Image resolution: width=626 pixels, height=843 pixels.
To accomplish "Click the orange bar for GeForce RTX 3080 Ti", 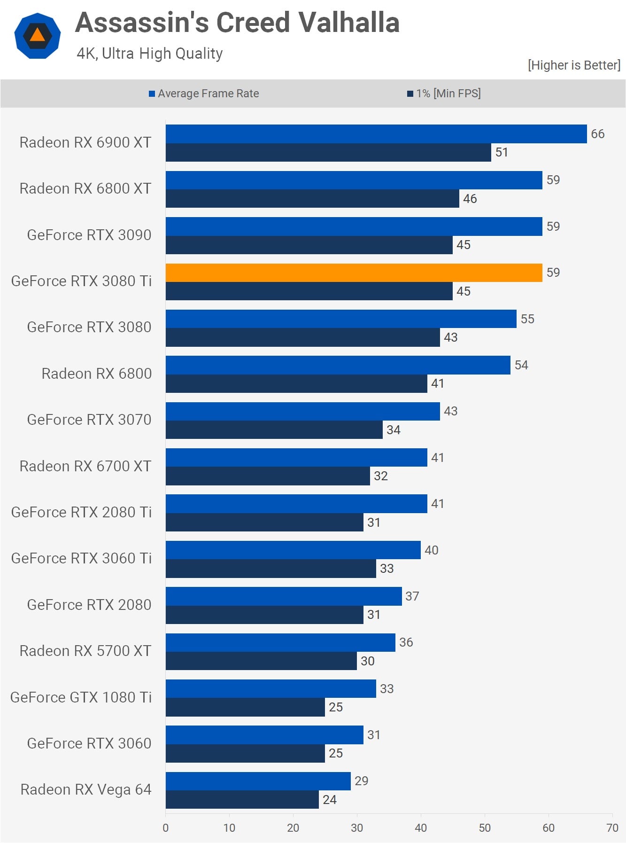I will [354, 273].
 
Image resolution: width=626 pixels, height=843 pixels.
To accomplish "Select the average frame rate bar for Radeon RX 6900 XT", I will [376, 134].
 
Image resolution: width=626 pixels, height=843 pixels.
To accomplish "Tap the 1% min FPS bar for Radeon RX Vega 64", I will [242, 799].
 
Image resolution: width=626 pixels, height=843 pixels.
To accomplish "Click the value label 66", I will [597, 134].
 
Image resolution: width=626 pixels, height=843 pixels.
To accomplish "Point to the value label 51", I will [502, 152].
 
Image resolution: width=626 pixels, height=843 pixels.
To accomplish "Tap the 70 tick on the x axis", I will [612, 828].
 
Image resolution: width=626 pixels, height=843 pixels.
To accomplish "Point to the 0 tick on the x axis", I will [165, 828].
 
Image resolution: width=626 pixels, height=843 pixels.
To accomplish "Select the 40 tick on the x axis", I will [421, 828].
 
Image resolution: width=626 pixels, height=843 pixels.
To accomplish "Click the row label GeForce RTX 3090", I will [89, 235].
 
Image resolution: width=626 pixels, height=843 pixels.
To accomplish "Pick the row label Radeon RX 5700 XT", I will [85, 651].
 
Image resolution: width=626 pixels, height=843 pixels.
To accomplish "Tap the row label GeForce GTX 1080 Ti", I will [81, 697].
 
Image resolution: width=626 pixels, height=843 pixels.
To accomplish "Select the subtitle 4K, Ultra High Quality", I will [149, 54].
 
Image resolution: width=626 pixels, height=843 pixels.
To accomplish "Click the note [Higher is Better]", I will [574, 65].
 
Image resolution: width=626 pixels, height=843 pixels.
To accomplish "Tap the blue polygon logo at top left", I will [38, 36].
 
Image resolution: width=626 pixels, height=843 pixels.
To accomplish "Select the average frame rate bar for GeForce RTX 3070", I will [302, 411].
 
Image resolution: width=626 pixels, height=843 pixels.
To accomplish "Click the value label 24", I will [329, 799].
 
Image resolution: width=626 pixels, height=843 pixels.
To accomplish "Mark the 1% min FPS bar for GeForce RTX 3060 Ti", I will [270, 569].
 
